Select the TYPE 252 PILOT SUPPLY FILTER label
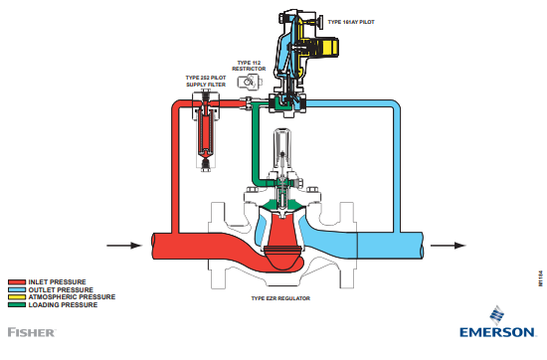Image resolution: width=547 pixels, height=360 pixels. pyautogui.click(x=206, y=81)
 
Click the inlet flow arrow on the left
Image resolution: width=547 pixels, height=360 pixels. pyautogui.click(x=121, y=245)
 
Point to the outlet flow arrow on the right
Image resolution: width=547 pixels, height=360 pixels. pyautogui.click(x=451, y=245)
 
